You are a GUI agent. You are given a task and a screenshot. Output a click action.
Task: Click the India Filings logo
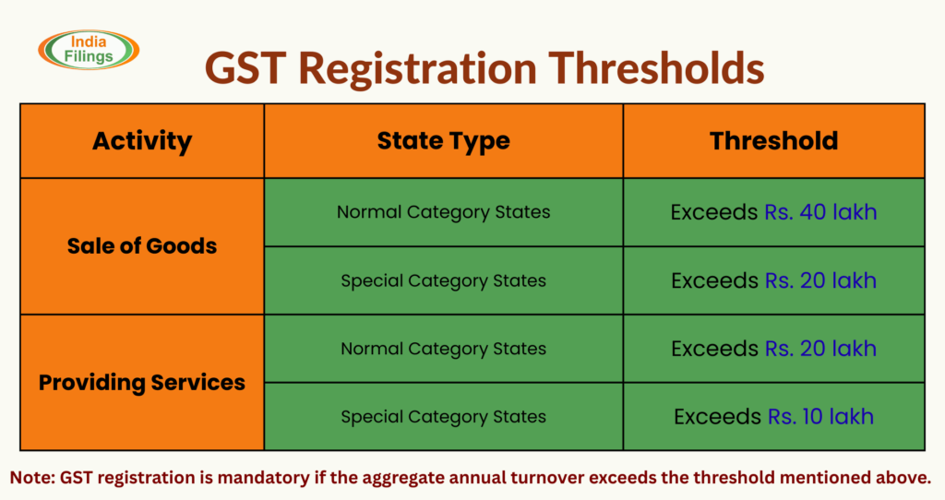pyautogui.click(x=89, y=50)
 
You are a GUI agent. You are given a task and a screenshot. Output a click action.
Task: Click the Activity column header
pyautogui.click(x=142, y=141)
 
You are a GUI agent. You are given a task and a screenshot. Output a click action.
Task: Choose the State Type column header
pyautogui.click(x=443, y=141)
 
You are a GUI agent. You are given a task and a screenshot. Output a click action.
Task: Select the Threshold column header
pyautogui.click(x=773, y=141)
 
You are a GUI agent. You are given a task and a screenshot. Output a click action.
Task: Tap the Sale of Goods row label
pyautogui.click(x=142, y=246)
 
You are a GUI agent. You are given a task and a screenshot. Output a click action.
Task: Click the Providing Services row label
pyautogui.click(x=142, y=382)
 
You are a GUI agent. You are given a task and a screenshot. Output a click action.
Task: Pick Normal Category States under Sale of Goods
pyautogui.click(x=443, y=212)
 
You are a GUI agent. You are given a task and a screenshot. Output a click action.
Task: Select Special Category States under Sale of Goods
pyautogui.click(x=443, y=280)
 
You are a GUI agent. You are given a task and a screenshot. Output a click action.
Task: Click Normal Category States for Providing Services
pyautogui.click(x=443, y=349)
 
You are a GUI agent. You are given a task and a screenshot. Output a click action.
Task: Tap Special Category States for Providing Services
pyautogui.click(x=443, y=417)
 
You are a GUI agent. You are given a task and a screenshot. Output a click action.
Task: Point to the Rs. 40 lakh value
pyautogui.click(x=819, y=212)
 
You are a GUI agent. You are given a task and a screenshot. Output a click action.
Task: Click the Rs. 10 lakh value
pyautogui.click(x=819, y=417)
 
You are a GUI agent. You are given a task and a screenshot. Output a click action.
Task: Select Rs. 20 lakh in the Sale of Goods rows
pyautogui.click(x=819, y=280)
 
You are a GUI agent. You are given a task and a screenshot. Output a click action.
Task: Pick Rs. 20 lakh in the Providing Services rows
pyautogui.click(x=819, y=349)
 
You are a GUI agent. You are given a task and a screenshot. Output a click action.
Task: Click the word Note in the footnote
pyautogui.click(x=32, y=477)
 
